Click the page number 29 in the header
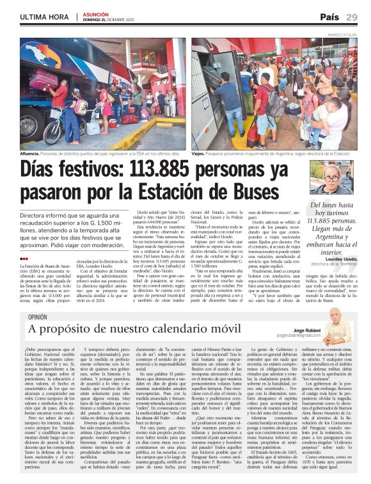352,17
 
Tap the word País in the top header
329,17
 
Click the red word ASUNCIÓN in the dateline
95,13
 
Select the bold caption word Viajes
199,154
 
